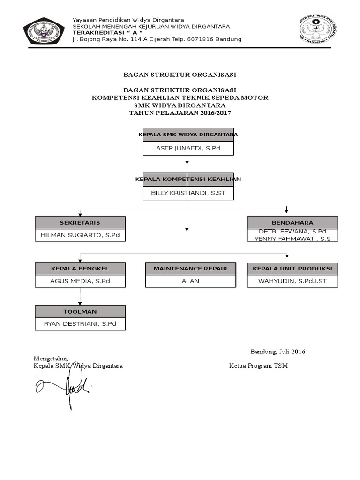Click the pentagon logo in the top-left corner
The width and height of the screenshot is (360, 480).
(44, 30)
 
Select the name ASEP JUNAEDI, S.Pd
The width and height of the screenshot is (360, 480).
(188, 149)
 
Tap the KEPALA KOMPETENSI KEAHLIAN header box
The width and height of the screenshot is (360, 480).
(188, 179)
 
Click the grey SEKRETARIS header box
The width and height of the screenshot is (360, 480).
(80, 223)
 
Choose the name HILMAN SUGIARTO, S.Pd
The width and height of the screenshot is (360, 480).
(80, 235)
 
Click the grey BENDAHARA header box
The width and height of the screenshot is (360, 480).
(292, 223)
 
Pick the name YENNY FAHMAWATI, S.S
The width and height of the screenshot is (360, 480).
(292, 239)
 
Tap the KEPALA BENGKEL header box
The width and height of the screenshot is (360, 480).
(80, 269)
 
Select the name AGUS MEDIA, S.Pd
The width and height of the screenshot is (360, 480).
(80, 281)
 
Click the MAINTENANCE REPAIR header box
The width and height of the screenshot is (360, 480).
(190, 269)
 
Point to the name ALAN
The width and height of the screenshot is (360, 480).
(190, 281)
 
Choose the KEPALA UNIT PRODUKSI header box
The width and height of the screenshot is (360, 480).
(292, 269)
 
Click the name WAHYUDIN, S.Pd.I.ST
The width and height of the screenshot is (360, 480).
(292, 281)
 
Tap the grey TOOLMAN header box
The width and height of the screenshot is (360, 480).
(80, 311)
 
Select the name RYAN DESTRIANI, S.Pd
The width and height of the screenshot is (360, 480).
(80, 324)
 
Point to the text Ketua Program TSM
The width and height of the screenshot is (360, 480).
(258, 366)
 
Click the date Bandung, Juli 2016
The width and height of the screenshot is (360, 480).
(278, 352)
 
